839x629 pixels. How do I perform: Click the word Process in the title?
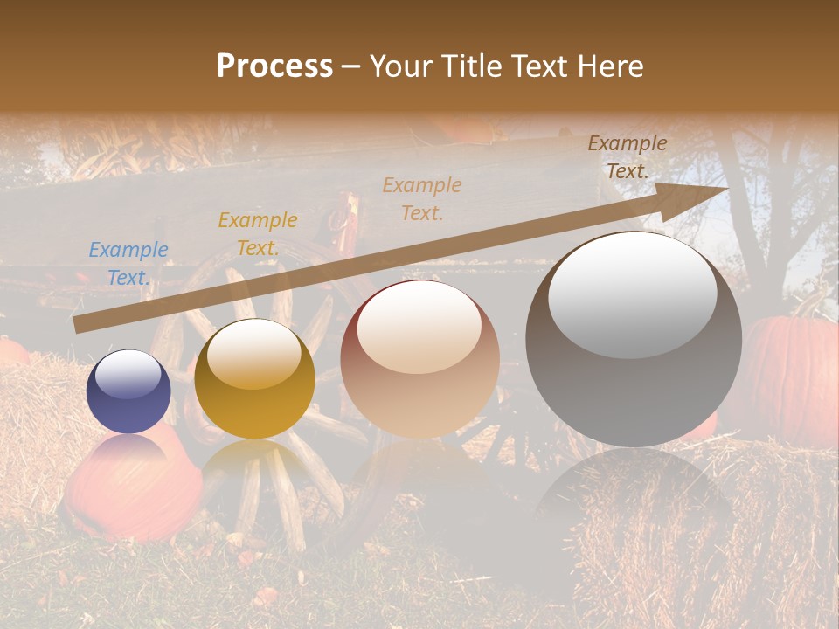coord(274,66)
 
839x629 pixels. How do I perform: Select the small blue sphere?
coord(128,391)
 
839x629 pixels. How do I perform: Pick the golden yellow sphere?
coord(254,379)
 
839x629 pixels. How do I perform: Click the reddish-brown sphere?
coord(419,358)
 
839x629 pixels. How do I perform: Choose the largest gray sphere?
coord(634,341)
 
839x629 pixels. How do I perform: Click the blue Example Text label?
coord(128,263)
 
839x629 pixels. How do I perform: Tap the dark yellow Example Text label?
coord(258,233)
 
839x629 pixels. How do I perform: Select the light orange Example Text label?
coord(422,198)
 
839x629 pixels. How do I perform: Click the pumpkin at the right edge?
coord(791,376)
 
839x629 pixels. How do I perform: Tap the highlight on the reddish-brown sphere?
coord(419,328)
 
